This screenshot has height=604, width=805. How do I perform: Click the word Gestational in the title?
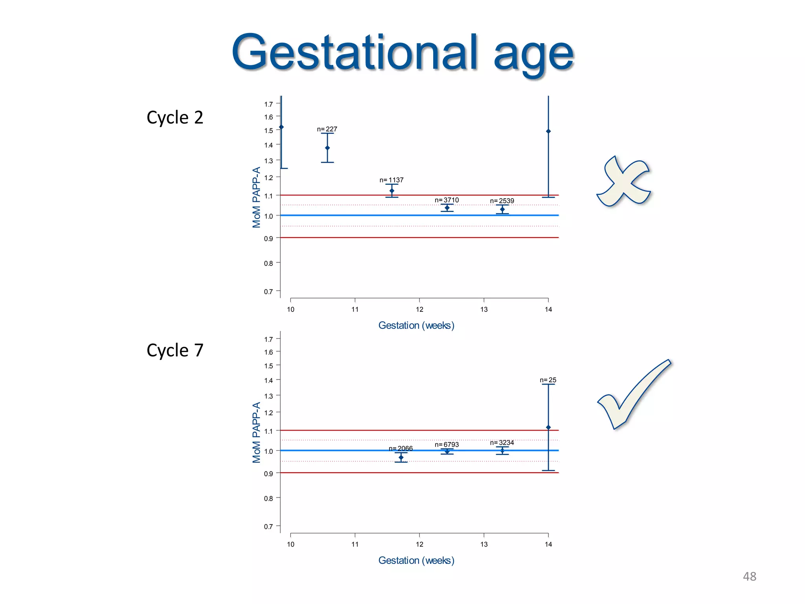click(354, 53)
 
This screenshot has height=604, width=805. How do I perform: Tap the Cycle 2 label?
click(175, 118)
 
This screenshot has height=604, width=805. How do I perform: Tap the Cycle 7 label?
click(175, 350)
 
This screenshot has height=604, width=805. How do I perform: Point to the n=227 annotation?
click(327, 129)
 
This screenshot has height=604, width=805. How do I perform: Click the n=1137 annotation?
click(391, 180)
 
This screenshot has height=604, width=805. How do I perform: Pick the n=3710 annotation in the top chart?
click(447, 200)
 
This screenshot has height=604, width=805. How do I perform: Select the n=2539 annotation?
click(502, 201)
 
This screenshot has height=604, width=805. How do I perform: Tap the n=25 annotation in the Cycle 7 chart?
click(548, 380)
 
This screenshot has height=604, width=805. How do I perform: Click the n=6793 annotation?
click(447, 444)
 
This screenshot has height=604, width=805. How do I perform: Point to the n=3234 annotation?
click(502, 443)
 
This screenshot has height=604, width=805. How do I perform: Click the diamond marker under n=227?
click(327, 148)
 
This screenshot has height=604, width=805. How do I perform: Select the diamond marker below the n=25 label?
click(548, 427)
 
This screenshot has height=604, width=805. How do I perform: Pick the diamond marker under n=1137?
click(392, 191)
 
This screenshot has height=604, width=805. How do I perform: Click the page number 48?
click(749, 576)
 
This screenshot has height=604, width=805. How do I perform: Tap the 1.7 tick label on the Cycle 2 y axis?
click(268, 104)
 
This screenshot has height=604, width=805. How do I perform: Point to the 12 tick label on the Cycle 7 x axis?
click(419, 544)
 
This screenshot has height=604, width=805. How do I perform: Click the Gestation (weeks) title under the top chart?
click(416, 326)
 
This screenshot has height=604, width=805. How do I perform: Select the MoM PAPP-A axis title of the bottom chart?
click(256, 433)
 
